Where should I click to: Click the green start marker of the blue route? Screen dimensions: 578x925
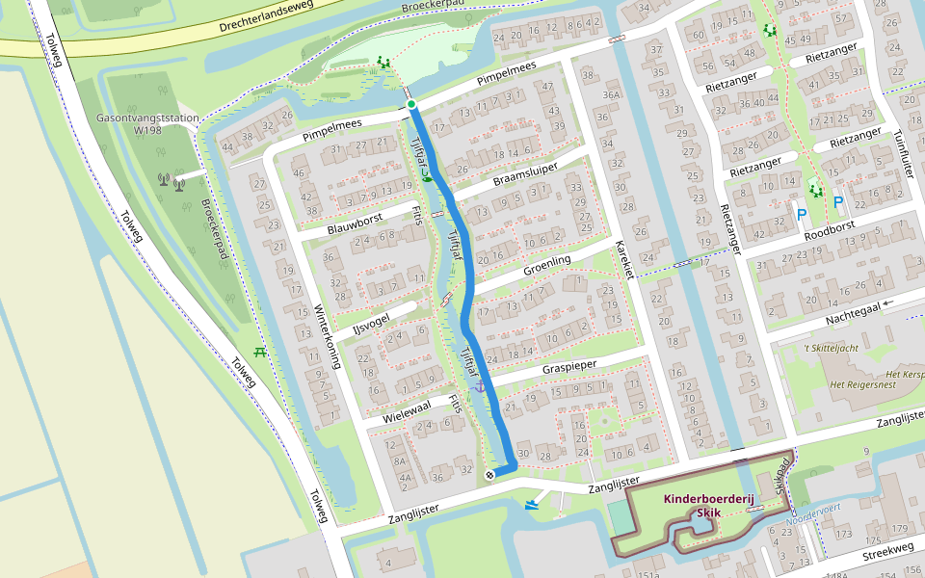click(411, 104)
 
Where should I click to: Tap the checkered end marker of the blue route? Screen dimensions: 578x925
click(489, 474)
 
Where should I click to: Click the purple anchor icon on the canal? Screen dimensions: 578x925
click(480, 386)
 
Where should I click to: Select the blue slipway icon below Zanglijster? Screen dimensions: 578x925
click(532, 504)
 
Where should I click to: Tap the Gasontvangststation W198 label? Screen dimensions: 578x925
click(147, 123)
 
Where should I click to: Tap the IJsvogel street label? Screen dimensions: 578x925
click(370, 321)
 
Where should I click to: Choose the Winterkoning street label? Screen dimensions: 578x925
click(327, 337)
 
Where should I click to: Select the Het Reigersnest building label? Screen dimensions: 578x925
click(863, 385)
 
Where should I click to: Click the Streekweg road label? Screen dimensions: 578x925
click(887, 548)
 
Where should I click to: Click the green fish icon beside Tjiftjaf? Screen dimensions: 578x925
click(426, 176)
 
